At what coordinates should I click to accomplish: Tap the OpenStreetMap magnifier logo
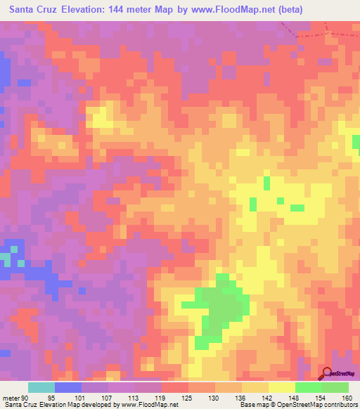coord(327,374)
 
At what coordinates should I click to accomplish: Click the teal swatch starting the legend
coord(41,387)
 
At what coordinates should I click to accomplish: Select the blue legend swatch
coord(68,387)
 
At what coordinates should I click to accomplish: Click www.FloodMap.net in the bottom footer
coord(150,405)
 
